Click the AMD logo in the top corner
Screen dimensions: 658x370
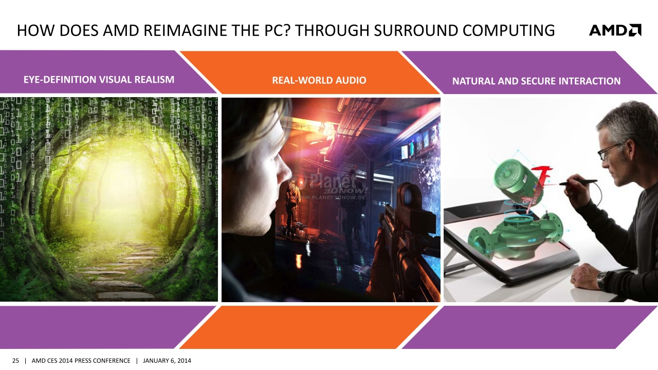615,30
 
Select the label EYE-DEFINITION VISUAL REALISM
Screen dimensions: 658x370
99,80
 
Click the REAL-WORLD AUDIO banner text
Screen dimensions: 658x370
319,80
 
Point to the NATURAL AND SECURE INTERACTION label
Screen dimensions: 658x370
536,81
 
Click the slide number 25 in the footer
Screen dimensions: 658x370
15,361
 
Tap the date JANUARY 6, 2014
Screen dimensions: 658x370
167,361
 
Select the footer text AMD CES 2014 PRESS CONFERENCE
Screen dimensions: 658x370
81,361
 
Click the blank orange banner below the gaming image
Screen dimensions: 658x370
308,327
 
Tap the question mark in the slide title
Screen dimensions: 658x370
289,30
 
